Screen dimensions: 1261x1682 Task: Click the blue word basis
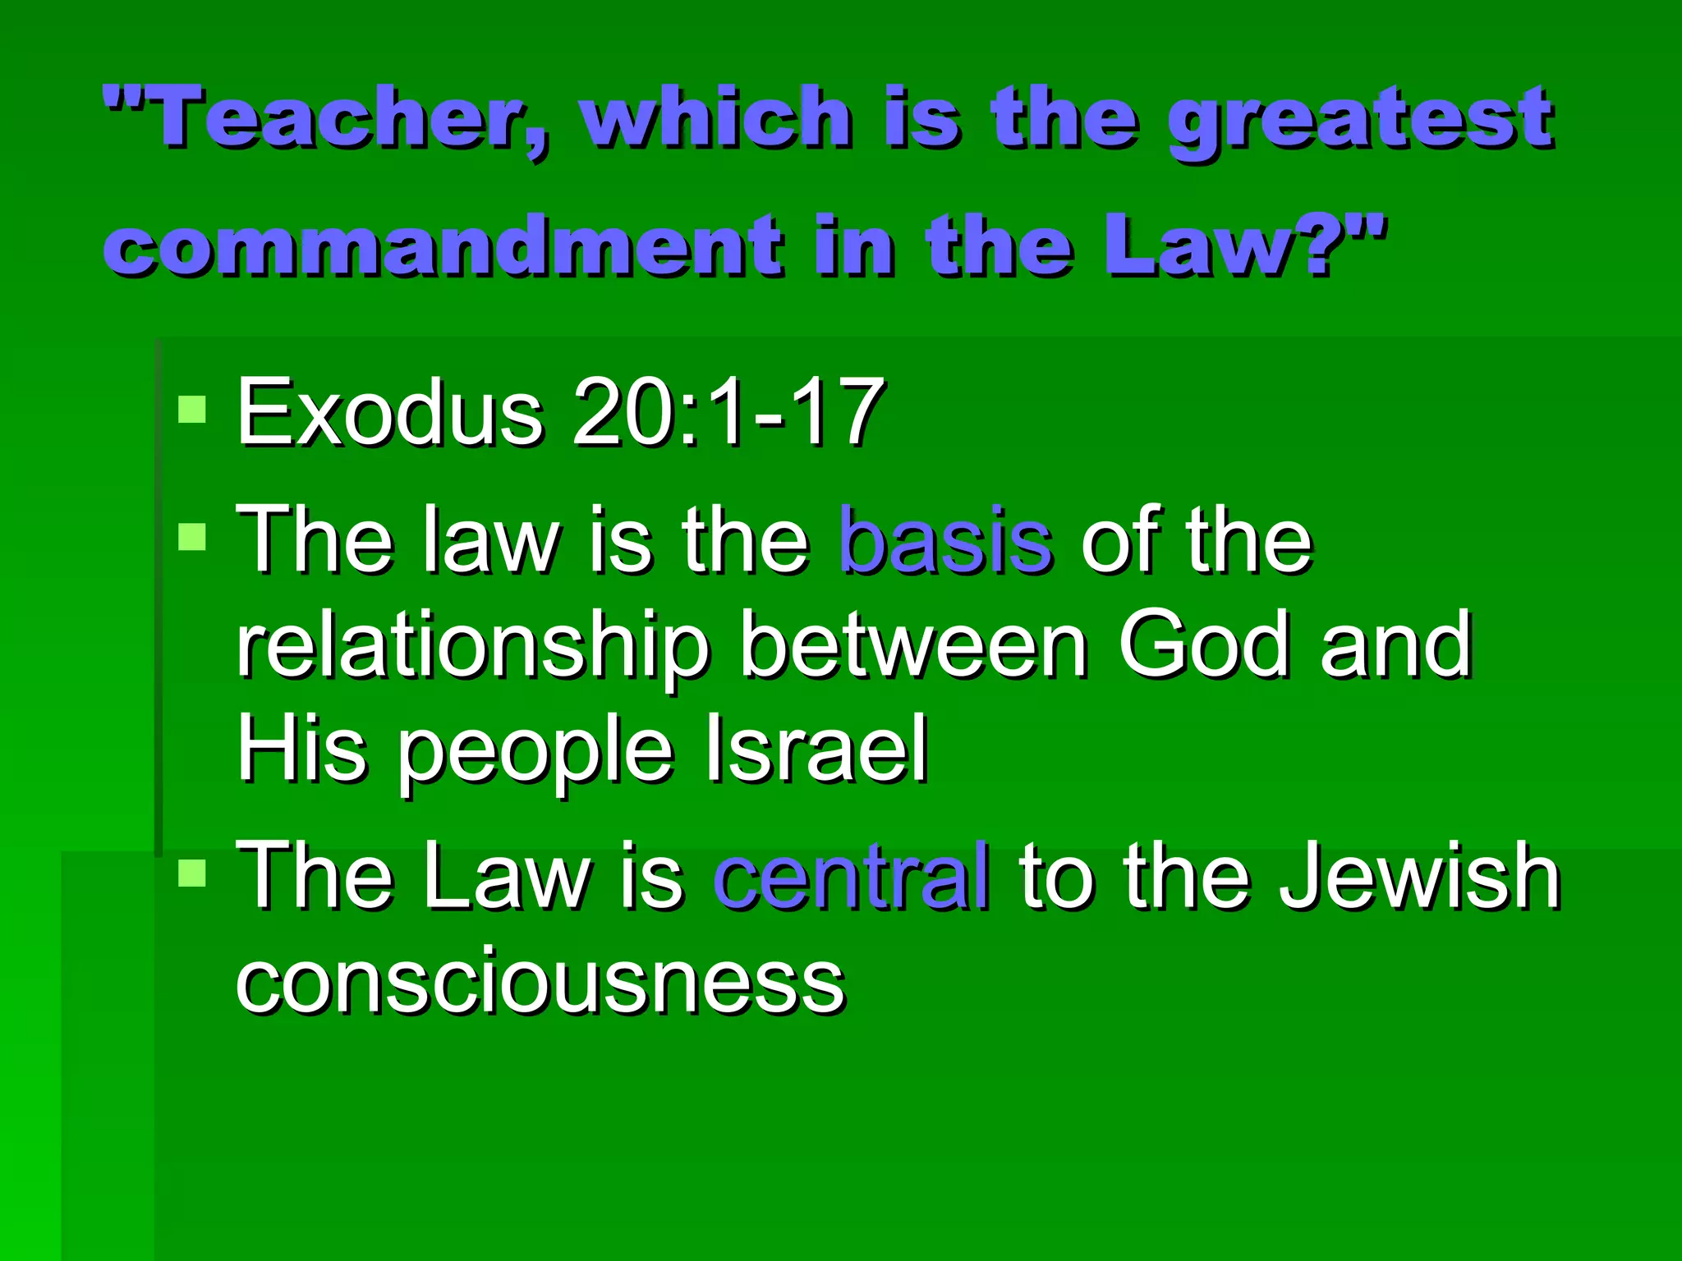tap(944, 541)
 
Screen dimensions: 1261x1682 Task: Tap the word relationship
tap(473, 648)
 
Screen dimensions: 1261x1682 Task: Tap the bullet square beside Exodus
tap(192, 409)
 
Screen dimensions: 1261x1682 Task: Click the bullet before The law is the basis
tap(192, 537)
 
